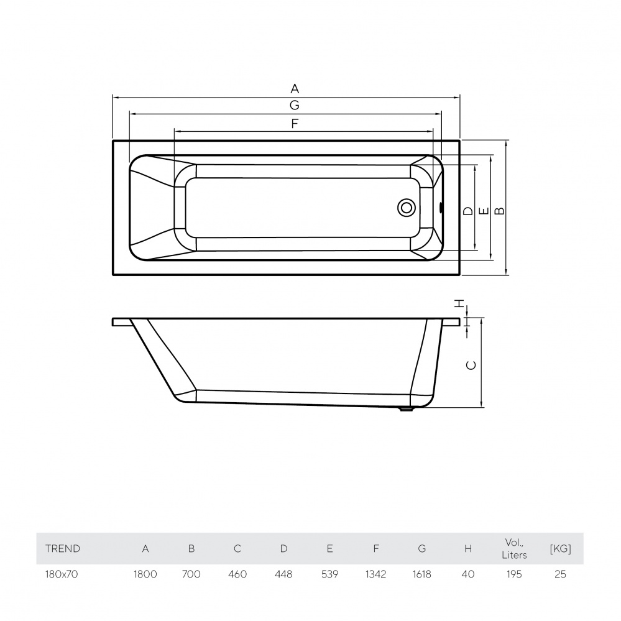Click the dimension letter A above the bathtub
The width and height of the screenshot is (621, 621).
[295, 88]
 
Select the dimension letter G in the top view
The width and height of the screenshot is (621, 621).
[295, 104]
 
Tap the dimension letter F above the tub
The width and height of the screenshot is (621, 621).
[295, 123]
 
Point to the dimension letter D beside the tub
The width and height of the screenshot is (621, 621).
[469, 211]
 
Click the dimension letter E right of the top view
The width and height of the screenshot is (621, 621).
[484, 211]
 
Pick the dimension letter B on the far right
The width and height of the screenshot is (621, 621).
[499, 211]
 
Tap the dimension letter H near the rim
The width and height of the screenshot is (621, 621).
[459, 304]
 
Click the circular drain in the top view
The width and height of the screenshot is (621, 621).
[407, 208]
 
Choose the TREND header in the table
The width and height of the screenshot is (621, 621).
[63, 549]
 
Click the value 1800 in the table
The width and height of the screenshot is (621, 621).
[145, 574]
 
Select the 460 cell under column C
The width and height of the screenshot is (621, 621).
[237, 574]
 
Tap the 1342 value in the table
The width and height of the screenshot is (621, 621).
[375, 574]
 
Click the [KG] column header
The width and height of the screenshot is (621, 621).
[560, 549]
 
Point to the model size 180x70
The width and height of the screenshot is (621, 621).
[62, 574]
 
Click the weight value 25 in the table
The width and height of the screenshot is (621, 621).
[560, 574]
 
